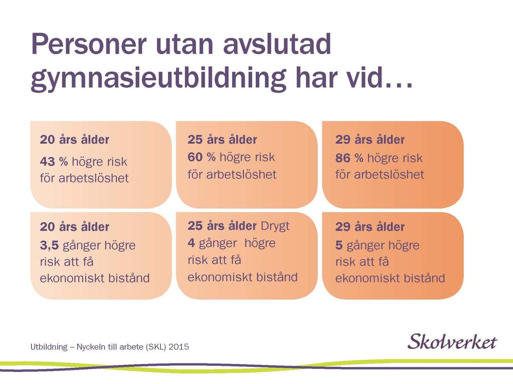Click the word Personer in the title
point(88,44)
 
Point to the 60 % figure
point(202,157)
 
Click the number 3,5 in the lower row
point(49,245)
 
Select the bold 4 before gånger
point(192,243)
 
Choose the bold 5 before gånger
point(339,245)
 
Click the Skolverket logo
point(452,341)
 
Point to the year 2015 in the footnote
point(179,347)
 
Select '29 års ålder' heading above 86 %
point(370,140)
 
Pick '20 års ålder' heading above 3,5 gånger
point(75,227)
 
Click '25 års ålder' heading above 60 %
point(222,140)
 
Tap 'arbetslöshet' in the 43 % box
point(94,178)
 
